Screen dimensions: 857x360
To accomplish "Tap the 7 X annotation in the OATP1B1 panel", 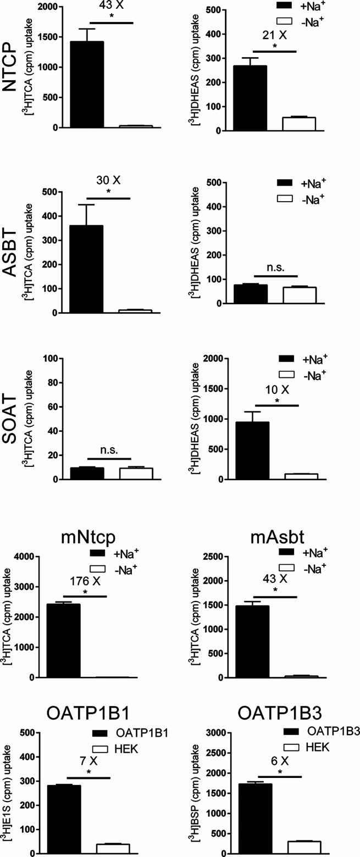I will [x=88, y=747].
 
